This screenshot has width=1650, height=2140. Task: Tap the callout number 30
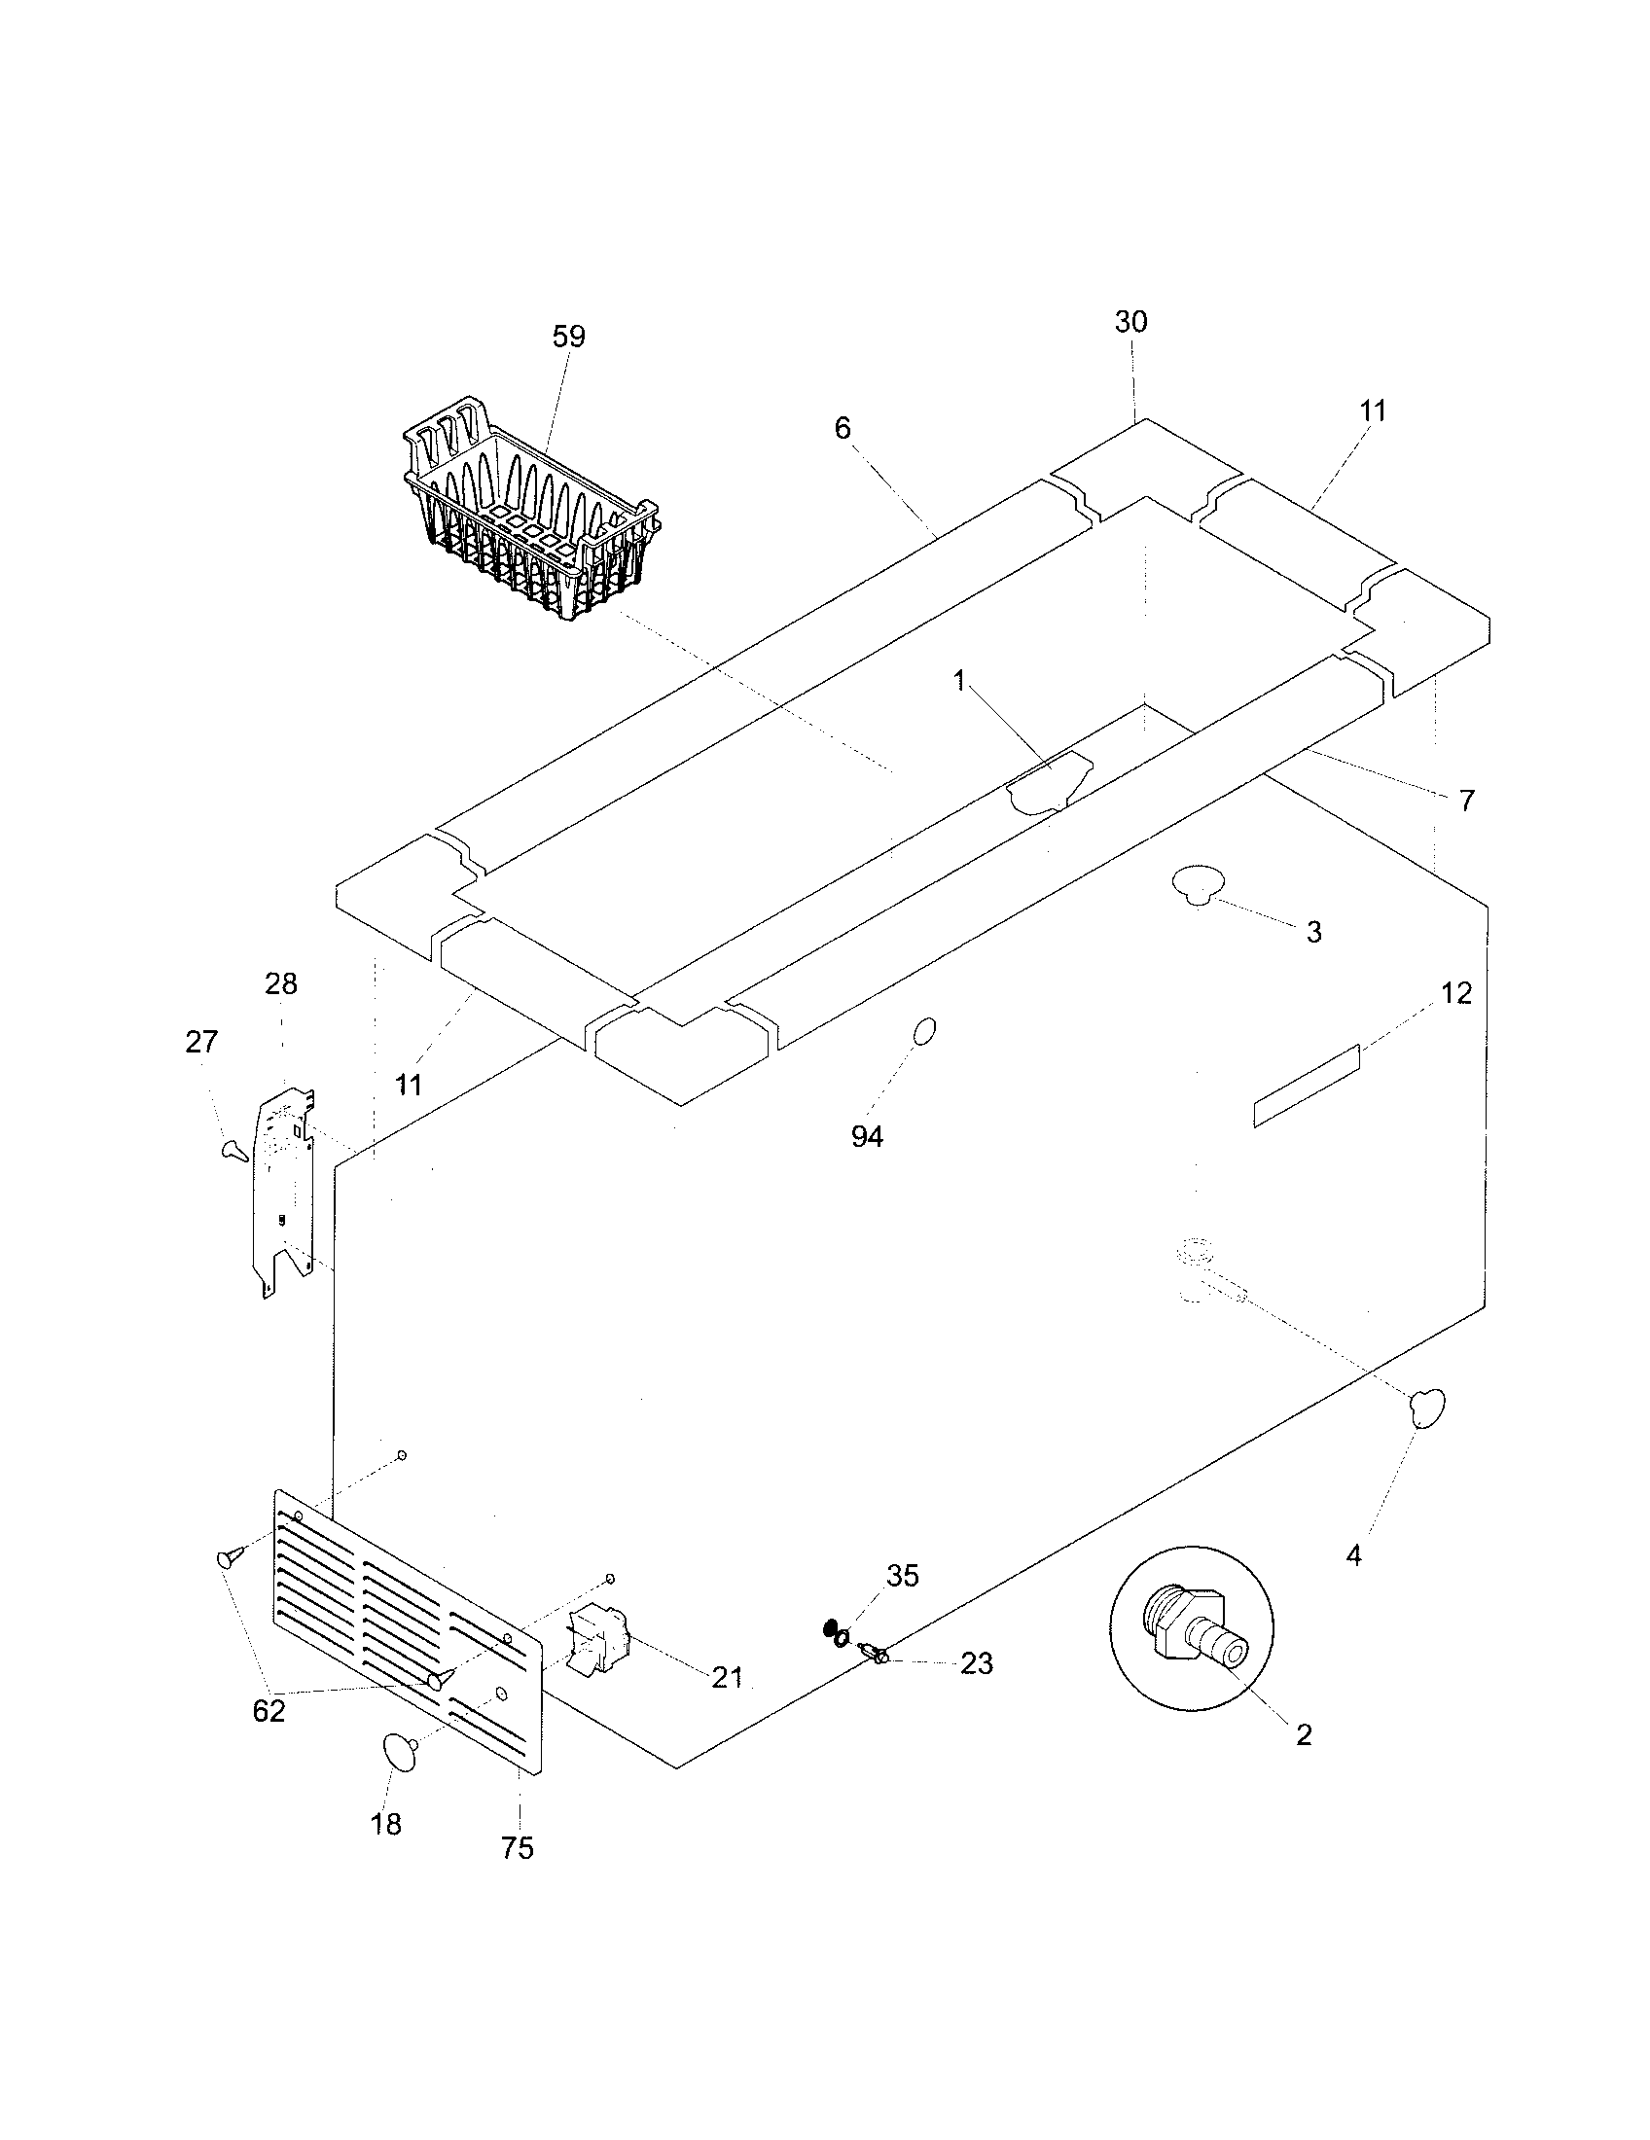coord(1130,321)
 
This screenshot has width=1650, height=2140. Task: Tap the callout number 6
coord(843,427)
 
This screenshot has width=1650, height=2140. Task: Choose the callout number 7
coord(1466,801)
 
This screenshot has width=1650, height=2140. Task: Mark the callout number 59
coord(568,337)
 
